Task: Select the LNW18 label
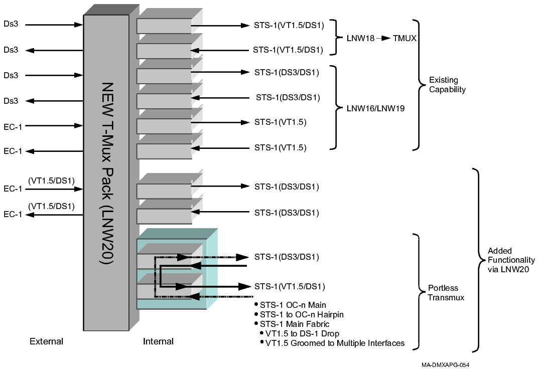(361, 38)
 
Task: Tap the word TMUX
(405, 38)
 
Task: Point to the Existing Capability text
(447, 85)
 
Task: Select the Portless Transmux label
(446, 293)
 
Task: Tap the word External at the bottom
(46, 341)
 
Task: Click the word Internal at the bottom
(158, 341)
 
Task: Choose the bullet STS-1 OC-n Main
(293, 305)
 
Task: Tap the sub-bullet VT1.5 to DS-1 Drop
(303, 333)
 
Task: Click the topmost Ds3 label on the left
(11, 24)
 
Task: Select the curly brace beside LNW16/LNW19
(334, 107)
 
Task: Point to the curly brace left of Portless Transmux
(418, 291)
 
